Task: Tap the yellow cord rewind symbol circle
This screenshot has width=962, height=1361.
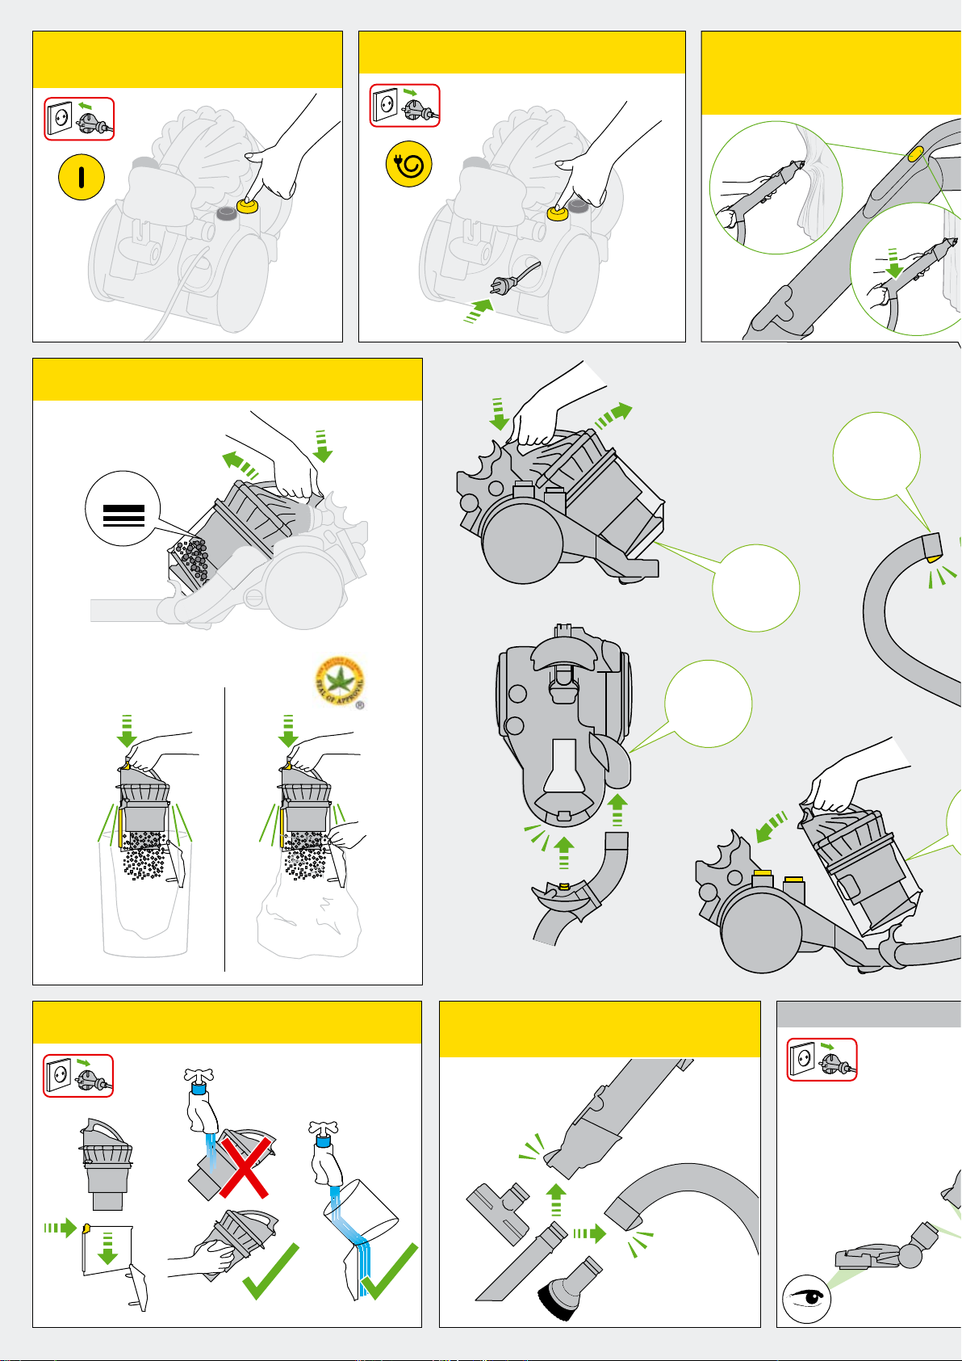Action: point(408,166)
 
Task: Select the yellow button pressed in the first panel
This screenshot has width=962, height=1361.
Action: point(248,207)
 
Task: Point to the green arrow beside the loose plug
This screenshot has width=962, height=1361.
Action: point(479,310)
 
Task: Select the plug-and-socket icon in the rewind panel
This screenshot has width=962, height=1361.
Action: point(404,105)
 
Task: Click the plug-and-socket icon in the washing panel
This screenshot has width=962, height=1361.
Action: point(78,1076)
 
